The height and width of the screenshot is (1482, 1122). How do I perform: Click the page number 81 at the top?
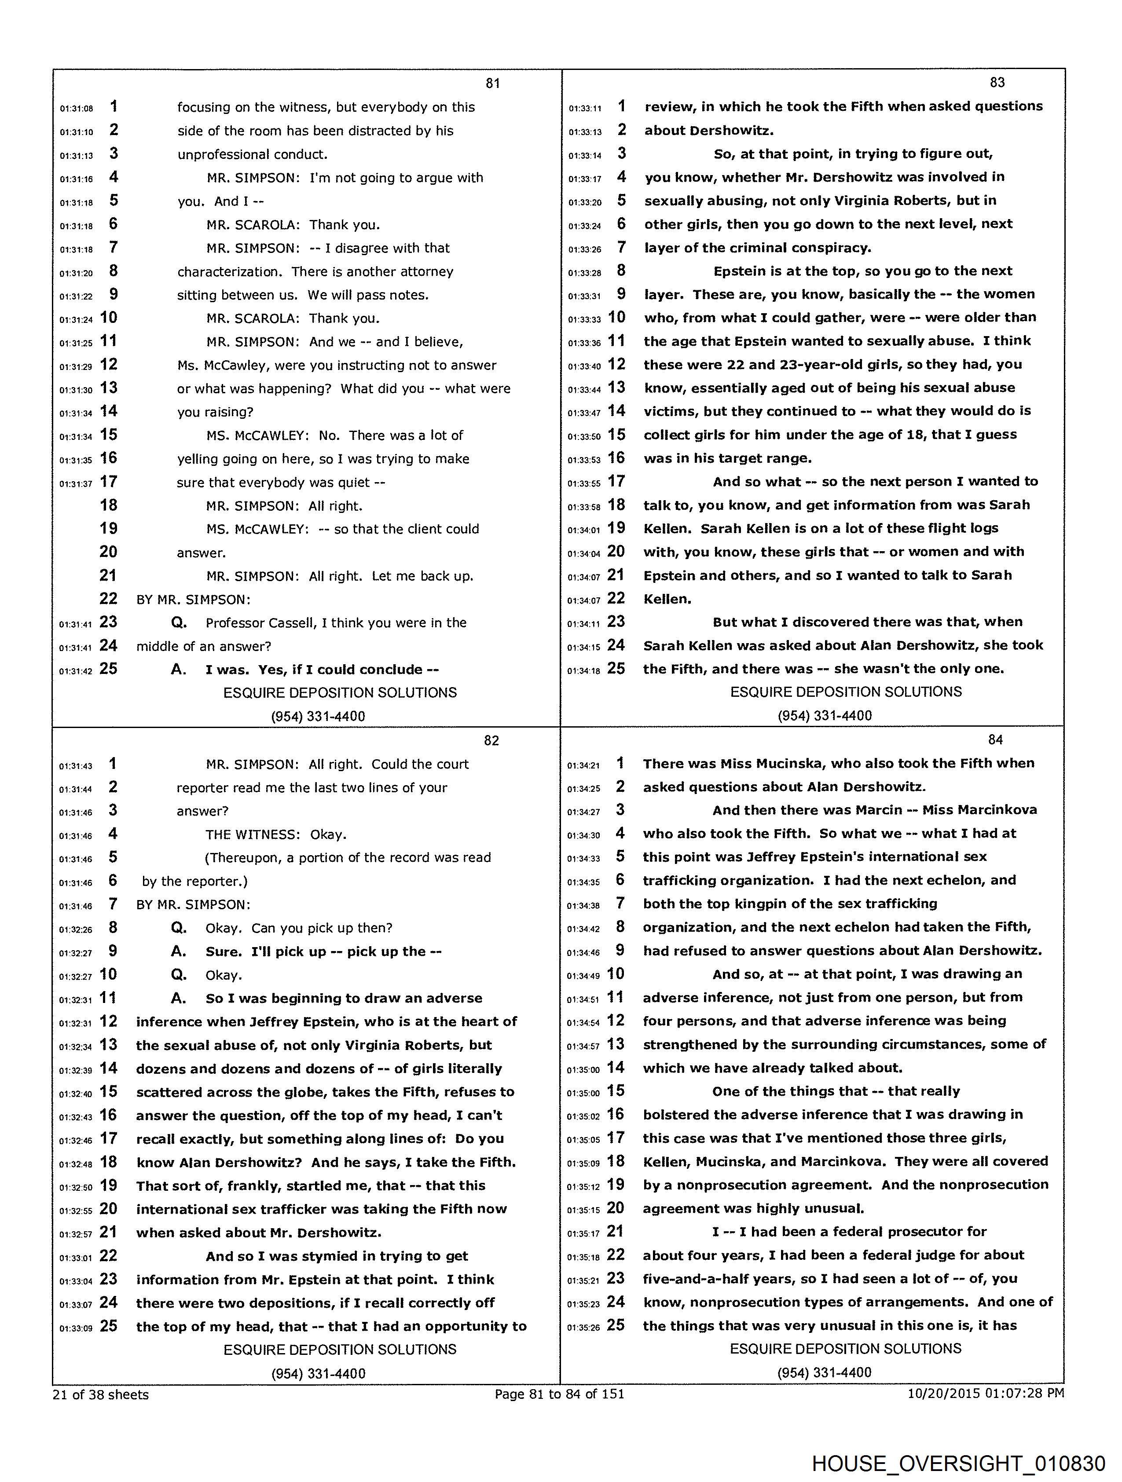[493, 83]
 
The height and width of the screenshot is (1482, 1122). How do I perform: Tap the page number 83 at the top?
[997, 82]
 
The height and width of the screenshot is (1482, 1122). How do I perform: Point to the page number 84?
[995, 739]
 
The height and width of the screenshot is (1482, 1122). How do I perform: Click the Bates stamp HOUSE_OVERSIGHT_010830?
[958, 1463]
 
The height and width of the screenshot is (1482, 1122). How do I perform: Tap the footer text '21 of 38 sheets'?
[100, 1394]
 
